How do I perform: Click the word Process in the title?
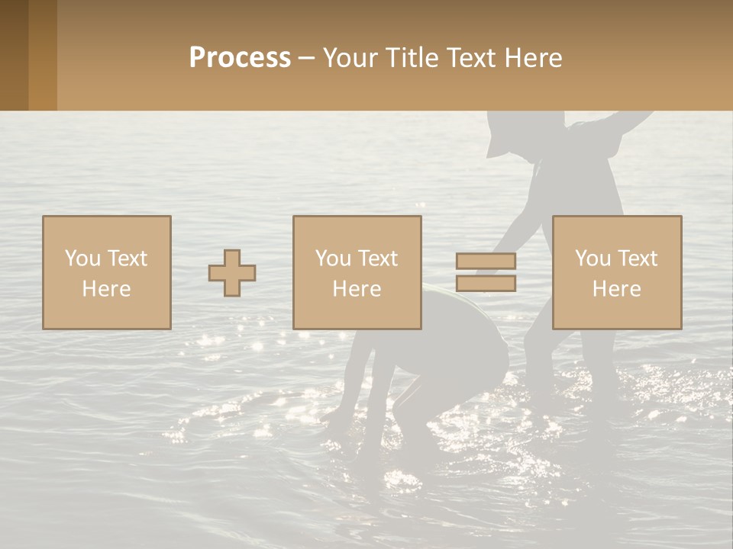click(240, 58)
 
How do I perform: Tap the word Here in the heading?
click(531, 58)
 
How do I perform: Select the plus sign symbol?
click(232, 273)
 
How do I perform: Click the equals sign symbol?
click(486, 272)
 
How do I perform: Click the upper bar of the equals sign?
click(486, 262)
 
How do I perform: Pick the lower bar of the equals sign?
click(486, 283)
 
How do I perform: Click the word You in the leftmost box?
click(82, 258)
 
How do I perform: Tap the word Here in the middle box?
click(357, 289)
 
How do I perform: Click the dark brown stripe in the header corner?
click(14, 55)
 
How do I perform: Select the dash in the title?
click(307, 58)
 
